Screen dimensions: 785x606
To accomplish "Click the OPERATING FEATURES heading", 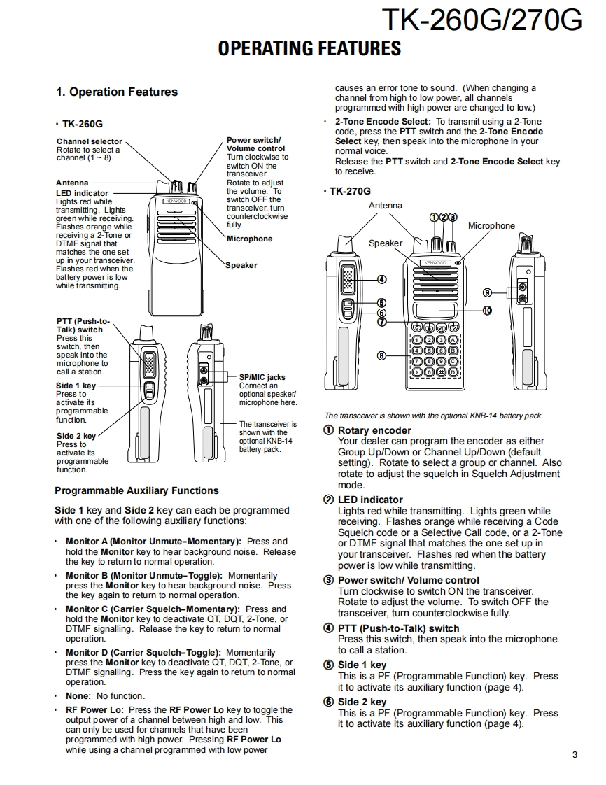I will point(309,48).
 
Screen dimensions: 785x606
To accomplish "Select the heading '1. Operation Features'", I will point(117,92).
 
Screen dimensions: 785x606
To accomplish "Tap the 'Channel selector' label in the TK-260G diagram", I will point(89,141).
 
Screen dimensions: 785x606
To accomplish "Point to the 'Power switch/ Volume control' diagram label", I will point(255,144).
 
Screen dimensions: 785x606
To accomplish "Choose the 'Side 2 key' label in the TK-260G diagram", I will point(76,436).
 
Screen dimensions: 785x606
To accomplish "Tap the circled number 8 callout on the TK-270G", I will point(381,355).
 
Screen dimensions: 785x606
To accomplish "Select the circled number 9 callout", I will point(487,292).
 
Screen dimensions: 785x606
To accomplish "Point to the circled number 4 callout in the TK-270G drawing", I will point(381,279).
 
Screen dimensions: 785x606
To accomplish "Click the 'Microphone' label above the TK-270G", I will point(491,226).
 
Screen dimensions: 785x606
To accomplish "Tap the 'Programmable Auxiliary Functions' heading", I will point(136,490).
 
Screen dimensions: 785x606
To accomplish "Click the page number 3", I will point(575,754).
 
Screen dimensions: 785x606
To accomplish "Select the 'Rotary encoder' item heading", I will point(374,430).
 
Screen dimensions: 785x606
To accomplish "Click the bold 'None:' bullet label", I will point(78,696).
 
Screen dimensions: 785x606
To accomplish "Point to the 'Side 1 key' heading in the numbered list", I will point(362,665).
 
